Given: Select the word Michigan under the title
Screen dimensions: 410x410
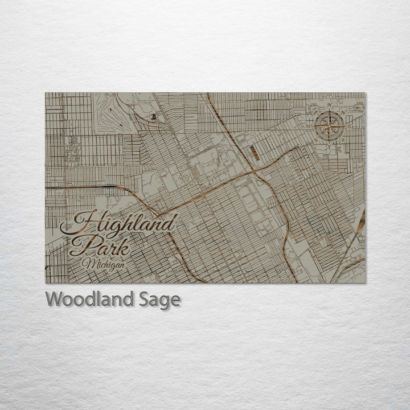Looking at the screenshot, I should (x=104, y=264).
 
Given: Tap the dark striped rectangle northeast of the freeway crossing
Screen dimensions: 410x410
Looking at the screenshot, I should (x=255, y=153).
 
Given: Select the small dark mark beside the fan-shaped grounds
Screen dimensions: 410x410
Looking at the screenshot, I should (x=153, y=117).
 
